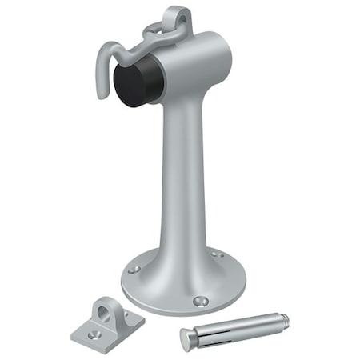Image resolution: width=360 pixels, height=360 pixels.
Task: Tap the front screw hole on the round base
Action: tap(199, 302)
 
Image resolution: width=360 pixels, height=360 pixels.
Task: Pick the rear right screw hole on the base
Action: tap(216, 254)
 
